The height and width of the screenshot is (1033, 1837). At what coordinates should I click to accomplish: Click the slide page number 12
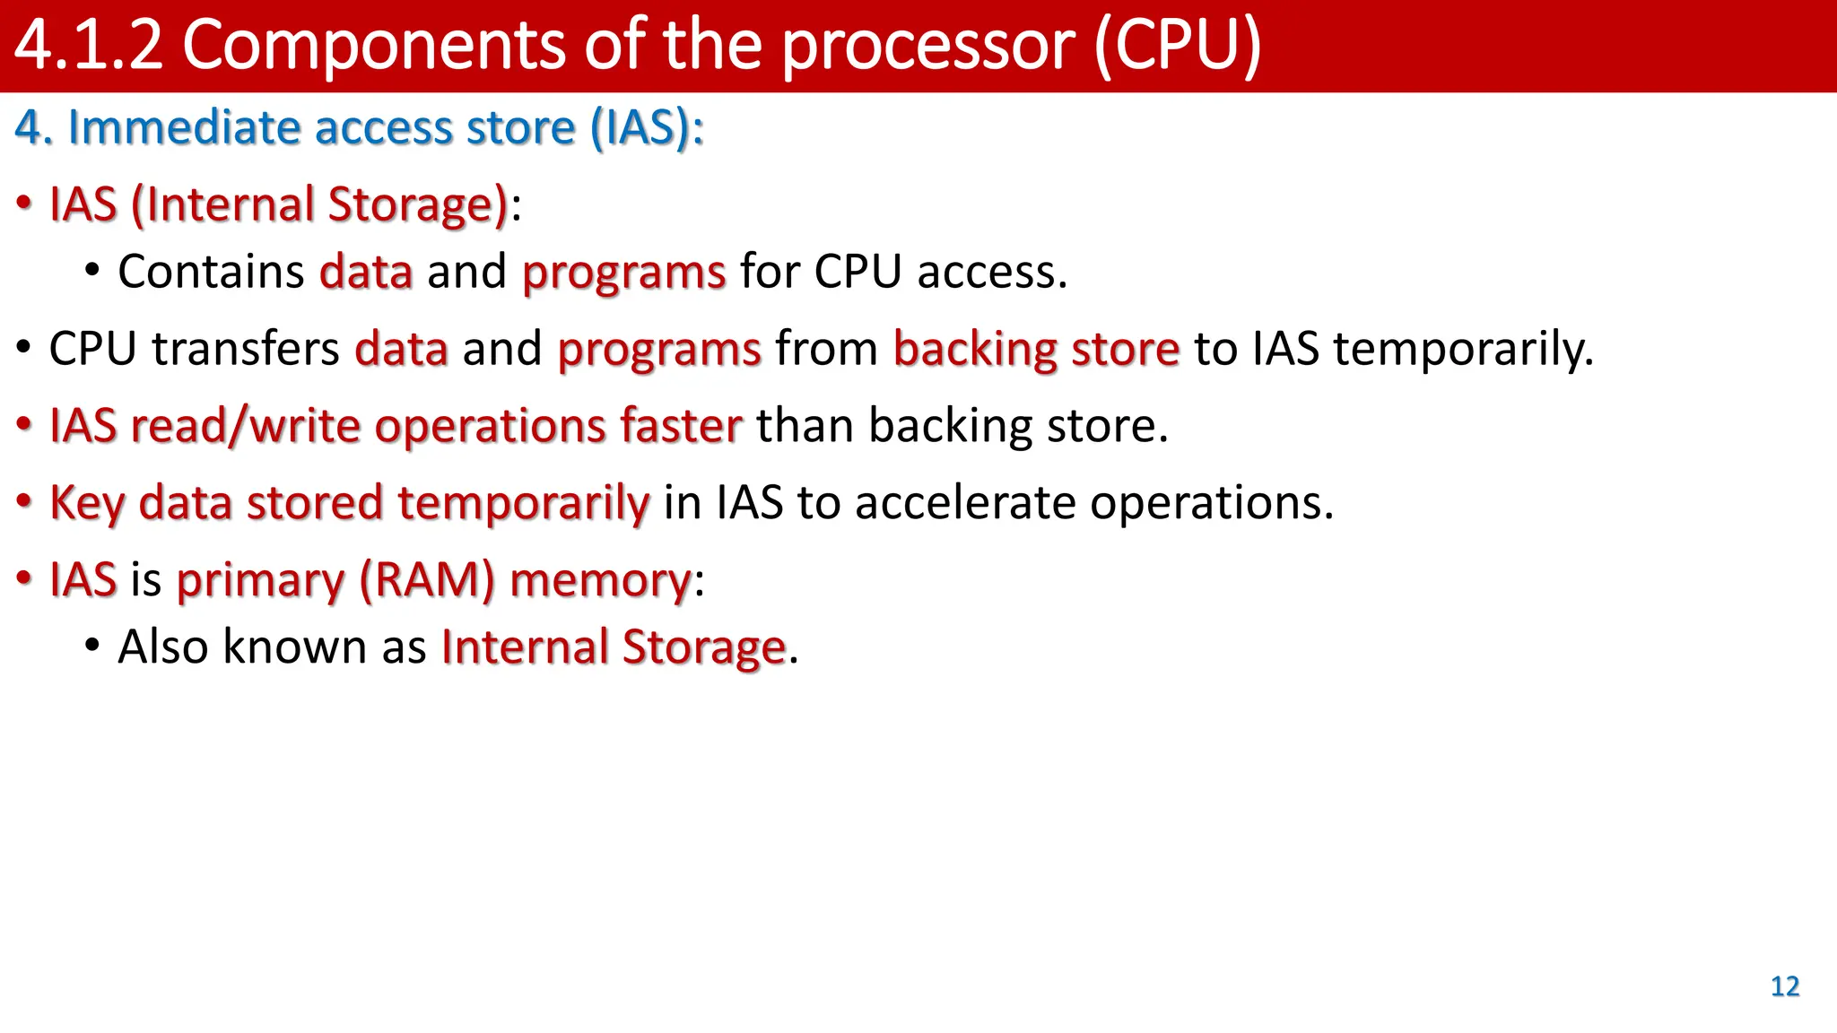tap(1784, 986)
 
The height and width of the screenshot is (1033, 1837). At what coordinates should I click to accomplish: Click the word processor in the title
tap(927, 47)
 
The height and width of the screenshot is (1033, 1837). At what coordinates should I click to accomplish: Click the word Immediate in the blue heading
tap(184, 127)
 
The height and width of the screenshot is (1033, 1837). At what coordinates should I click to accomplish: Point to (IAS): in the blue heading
tap(647, 127)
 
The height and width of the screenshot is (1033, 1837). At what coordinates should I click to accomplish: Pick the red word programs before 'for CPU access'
tap(623, 273)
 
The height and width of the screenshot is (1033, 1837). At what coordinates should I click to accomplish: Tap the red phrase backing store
tap(1036, 348)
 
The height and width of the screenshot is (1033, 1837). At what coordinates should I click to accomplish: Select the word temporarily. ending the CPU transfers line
tap(1463, 350)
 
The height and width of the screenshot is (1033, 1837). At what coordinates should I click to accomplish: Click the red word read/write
tap(245, 425)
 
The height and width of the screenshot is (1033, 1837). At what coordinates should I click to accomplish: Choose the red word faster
tap(681, 425)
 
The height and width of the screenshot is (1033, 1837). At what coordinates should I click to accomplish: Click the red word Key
tap(87, 503)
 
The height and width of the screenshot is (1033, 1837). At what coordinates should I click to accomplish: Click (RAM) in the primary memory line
tap(427, 580)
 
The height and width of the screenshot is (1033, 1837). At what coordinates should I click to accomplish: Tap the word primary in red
tap(260, 581)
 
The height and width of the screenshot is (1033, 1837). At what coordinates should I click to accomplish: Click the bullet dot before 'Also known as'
tap(91, 647)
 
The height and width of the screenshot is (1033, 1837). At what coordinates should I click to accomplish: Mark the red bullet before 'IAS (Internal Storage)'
tap(24, 204)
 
